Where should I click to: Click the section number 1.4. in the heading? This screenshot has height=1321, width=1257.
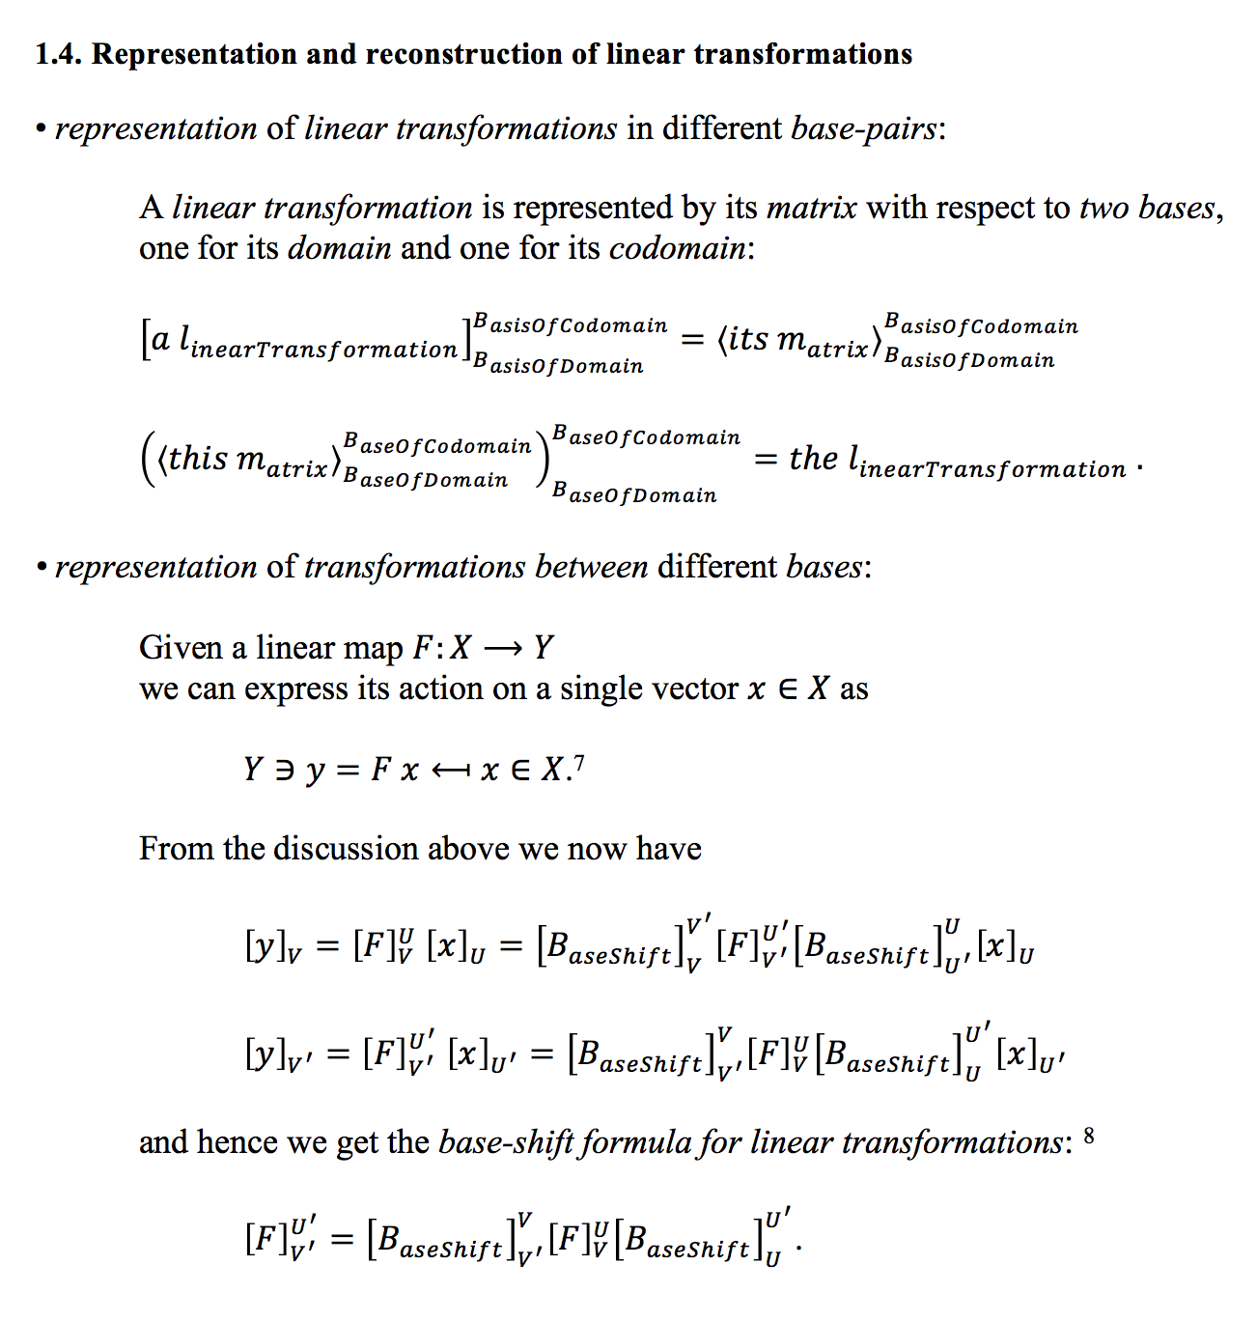[59, 54]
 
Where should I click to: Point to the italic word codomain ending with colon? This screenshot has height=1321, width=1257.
[681, 248]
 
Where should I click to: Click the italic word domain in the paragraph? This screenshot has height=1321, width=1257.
[340, 248]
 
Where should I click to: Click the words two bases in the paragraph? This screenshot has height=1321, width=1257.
[1146, 208]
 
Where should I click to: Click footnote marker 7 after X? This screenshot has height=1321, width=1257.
[578, 763]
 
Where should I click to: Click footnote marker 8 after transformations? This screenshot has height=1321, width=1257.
[1089, 1136]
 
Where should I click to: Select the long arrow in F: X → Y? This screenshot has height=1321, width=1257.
[502, 648]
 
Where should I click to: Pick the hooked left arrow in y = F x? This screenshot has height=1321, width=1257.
[450, 771]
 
